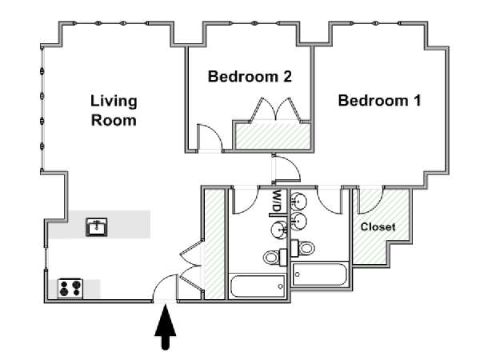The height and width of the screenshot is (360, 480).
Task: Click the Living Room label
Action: [x=114, y=111]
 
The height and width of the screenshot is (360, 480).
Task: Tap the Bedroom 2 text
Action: [x=250, y=76]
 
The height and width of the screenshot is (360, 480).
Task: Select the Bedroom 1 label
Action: [x=379, y=101]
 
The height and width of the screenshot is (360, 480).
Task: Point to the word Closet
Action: [x=378, y=227]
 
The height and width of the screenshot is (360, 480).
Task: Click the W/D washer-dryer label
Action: [x=277, y=201]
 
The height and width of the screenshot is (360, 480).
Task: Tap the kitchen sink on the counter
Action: [x=97, y=227]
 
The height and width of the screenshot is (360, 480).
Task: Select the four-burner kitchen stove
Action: [x=70, y=289]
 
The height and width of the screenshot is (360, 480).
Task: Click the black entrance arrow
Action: [x=166, y=327]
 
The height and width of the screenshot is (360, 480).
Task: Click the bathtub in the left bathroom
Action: [x=258, y=286]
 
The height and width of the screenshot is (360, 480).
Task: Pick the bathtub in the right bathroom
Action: [x=320, y=274]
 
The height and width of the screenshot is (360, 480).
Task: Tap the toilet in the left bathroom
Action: [x=274, y=257]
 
